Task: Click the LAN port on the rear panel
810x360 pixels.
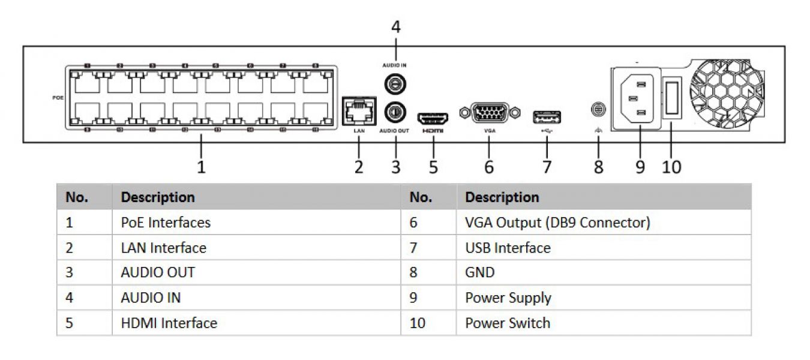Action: coord(358,111)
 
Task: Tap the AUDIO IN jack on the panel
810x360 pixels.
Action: coord(395,85)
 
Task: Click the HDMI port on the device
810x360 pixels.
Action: coord(433,115)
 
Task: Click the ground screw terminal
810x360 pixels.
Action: coord(598,110)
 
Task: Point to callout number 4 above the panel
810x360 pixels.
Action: coord(395,27)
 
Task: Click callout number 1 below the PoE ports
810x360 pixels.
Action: coord(202,166)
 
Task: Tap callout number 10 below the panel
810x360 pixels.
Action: coord(671,166)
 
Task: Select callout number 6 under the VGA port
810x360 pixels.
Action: coord(488,166)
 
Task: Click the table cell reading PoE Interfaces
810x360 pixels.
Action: coord(166,223)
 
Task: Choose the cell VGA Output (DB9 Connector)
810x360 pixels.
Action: coord(557,223)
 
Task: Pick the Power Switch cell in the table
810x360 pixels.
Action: coord(508,323)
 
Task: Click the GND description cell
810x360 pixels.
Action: coord(480,272)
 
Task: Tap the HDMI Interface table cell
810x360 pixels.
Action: coord(169,323)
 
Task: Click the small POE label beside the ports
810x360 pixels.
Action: coord(58,96)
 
